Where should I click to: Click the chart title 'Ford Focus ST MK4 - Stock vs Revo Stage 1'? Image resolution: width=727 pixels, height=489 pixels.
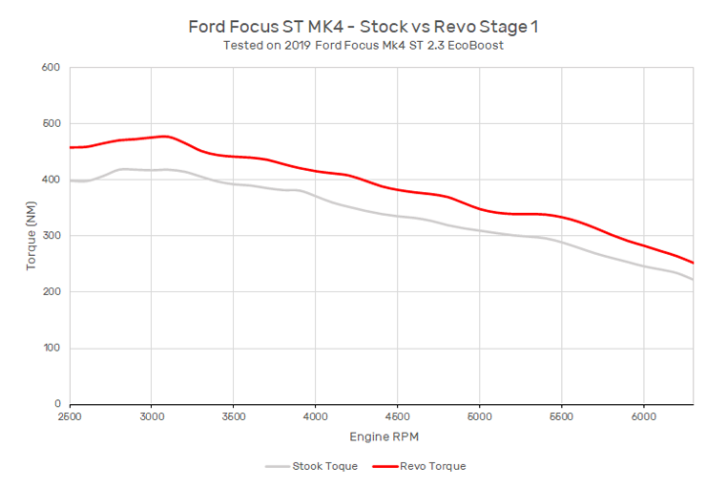click(x=363, y=27)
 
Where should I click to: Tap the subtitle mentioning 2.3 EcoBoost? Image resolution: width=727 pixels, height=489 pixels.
click(x=363, y=46)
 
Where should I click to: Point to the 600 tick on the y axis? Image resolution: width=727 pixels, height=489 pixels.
click(x=51, y=67)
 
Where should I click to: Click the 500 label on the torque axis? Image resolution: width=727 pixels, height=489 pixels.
click(x=51, y=123)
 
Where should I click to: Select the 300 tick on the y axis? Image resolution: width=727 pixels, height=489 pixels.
click(x=51, y=236)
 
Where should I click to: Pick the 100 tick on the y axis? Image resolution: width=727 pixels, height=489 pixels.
click(x=52, y=348)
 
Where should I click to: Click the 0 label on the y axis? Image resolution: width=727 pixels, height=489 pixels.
click(x=57, y=404)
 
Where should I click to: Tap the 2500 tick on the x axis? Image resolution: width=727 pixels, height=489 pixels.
click(x=70, y=416)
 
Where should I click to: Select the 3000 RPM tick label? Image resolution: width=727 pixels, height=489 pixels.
click(x=152, y=416)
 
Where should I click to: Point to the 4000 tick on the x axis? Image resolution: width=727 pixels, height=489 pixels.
click(x=315, y=416)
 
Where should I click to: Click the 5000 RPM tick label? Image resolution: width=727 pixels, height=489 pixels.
click(x=479, y=416)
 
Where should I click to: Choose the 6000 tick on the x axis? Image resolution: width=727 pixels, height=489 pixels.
click(x=644, y=416)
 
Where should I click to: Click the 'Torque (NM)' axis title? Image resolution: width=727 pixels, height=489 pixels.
click(x=31, y=236)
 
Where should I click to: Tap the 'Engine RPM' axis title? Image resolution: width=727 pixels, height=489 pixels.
click(x=384, y=437)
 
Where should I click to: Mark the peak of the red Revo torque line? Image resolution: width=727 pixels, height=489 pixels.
click(x=165, y=137)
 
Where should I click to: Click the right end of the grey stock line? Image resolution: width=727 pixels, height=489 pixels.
click(x=693, y=279)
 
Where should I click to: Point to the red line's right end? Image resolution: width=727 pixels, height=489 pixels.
click(x=693, y=263)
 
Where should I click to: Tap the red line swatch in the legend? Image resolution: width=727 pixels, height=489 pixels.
click(x=385, y=466)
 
